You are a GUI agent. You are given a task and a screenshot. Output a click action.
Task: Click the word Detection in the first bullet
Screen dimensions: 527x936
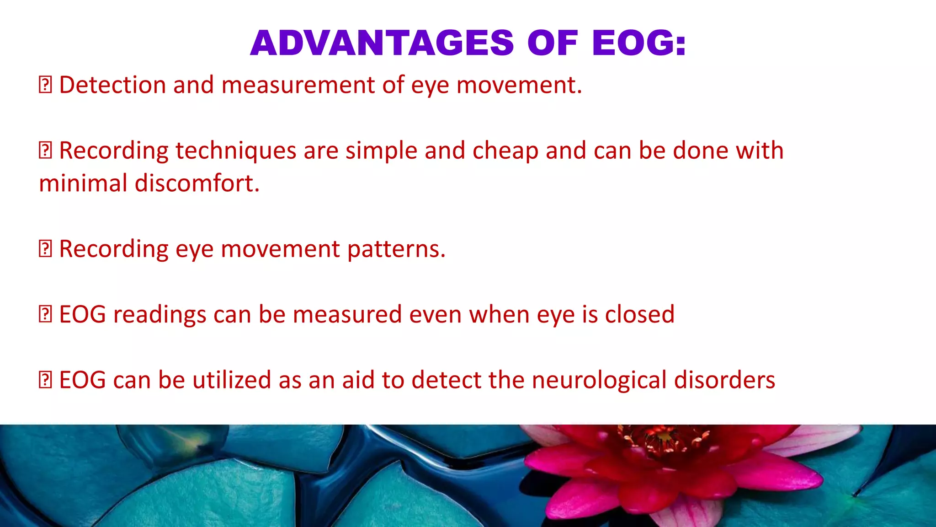112,85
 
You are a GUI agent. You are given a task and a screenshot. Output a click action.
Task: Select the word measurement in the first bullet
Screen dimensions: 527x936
298,85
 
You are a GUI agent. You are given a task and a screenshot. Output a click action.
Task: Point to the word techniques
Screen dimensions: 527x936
235,151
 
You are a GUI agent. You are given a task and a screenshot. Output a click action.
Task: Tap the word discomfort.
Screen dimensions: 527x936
197,183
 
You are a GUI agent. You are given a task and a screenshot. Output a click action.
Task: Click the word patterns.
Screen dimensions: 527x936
396,249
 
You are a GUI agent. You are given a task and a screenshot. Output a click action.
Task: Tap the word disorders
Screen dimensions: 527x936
724,381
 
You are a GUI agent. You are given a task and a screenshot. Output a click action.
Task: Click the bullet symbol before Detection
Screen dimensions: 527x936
45,85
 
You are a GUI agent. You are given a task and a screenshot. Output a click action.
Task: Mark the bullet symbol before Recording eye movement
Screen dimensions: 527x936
45,249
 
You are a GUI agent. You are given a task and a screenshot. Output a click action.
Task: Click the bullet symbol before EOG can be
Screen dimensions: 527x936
45,381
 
